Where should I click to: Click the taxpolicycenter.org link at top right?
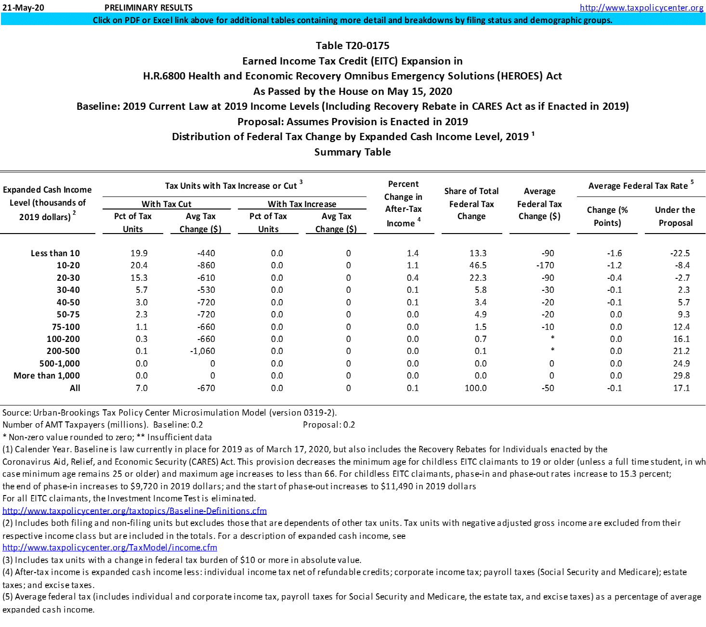coord(641,7)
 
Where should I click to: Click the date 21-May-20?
coord(23,8)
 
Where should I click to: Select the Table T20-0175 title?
coord(353,46)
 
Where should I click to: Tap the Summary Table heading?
coord(353,152)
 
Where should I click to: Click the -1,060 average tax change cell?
coord(203,351)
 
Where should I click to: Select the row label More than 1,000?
coord(47,376)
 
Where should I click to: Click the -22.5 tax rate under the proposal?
coord(680,253)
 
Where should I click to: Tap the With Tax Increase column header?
coord(302,204)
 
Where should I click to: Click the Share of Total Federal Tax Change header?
coord(471,204)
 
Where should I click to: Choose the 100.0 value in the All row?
coord(475,388)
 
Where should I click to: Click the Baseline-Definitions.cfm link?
coord(134,511)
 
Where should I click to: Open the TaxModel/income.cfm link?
coord(110,548)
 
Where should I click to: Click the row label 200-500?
coord(63,351)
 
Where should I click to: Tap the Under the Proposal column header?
coord(675,216)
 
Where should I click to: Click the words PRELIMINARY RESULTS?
coord(148,8)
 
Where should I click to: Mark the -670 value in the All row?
coord(207,388)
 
